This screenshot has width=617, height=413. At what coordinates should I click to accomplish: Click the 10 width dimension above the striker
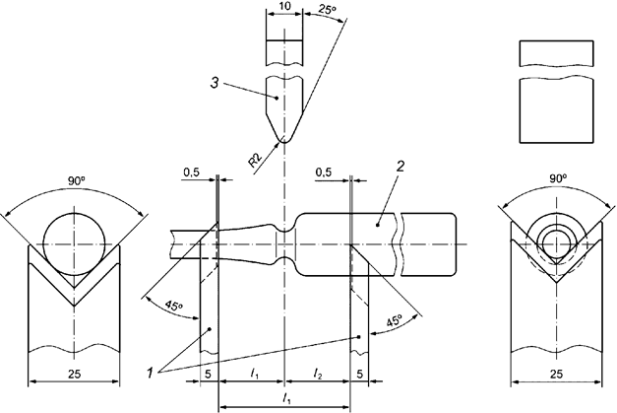coord(283,7)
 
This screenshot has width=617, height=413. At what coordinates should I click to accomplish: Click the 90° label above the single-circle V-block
coord(75,182)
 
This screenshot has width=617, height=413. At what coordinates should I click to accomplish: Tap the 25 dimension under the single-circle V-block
coord(74,374)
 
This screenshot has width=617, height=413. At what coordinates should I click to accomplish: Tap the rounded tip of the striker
coord(283,138)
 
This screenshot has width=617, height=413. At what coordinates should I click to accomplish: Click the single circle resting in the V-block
coord(75,237)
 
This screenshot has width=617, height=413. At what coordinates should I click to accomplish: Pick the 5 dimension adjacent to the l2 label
coord(360,374)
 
